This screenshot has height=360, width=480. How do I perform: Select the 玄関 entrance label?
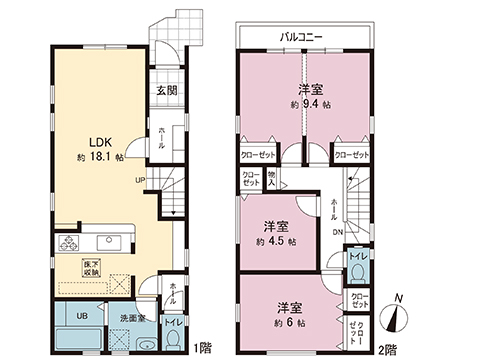(165, 91)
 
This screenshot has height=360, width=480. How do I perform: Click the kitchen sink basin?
(108, 242)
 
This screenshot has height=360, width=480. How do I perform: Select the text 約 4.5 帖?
(277, 242)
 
